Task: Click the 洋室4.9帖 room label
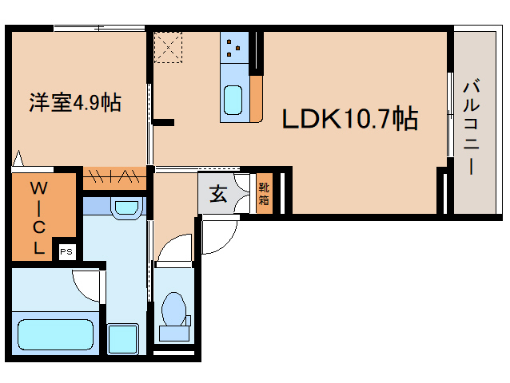point(75,103)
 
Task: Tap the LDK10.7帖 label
point(350,118)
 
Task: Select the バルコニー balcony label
point(472,127)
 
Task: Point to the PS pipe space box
point(66,251)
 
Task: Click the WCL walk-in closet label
point(38,218)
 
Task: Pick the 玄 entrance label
point(218,194)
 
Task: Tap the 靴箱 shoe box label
point(264,194)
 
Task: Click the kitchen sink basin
point(233,100)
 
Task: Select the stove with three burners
point(234,47)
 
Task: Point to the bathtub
point(56,334)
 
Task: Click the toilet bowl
point(174,309)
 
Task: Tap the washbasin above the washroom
point(127,208)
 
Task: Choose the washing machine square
point(122,339)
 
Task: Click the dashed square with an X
point(168,47)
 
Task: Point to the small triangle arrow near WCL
point(18,159)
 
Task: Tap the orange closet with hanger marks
point(114,178)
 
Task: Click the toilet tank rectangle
point(174,333)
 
